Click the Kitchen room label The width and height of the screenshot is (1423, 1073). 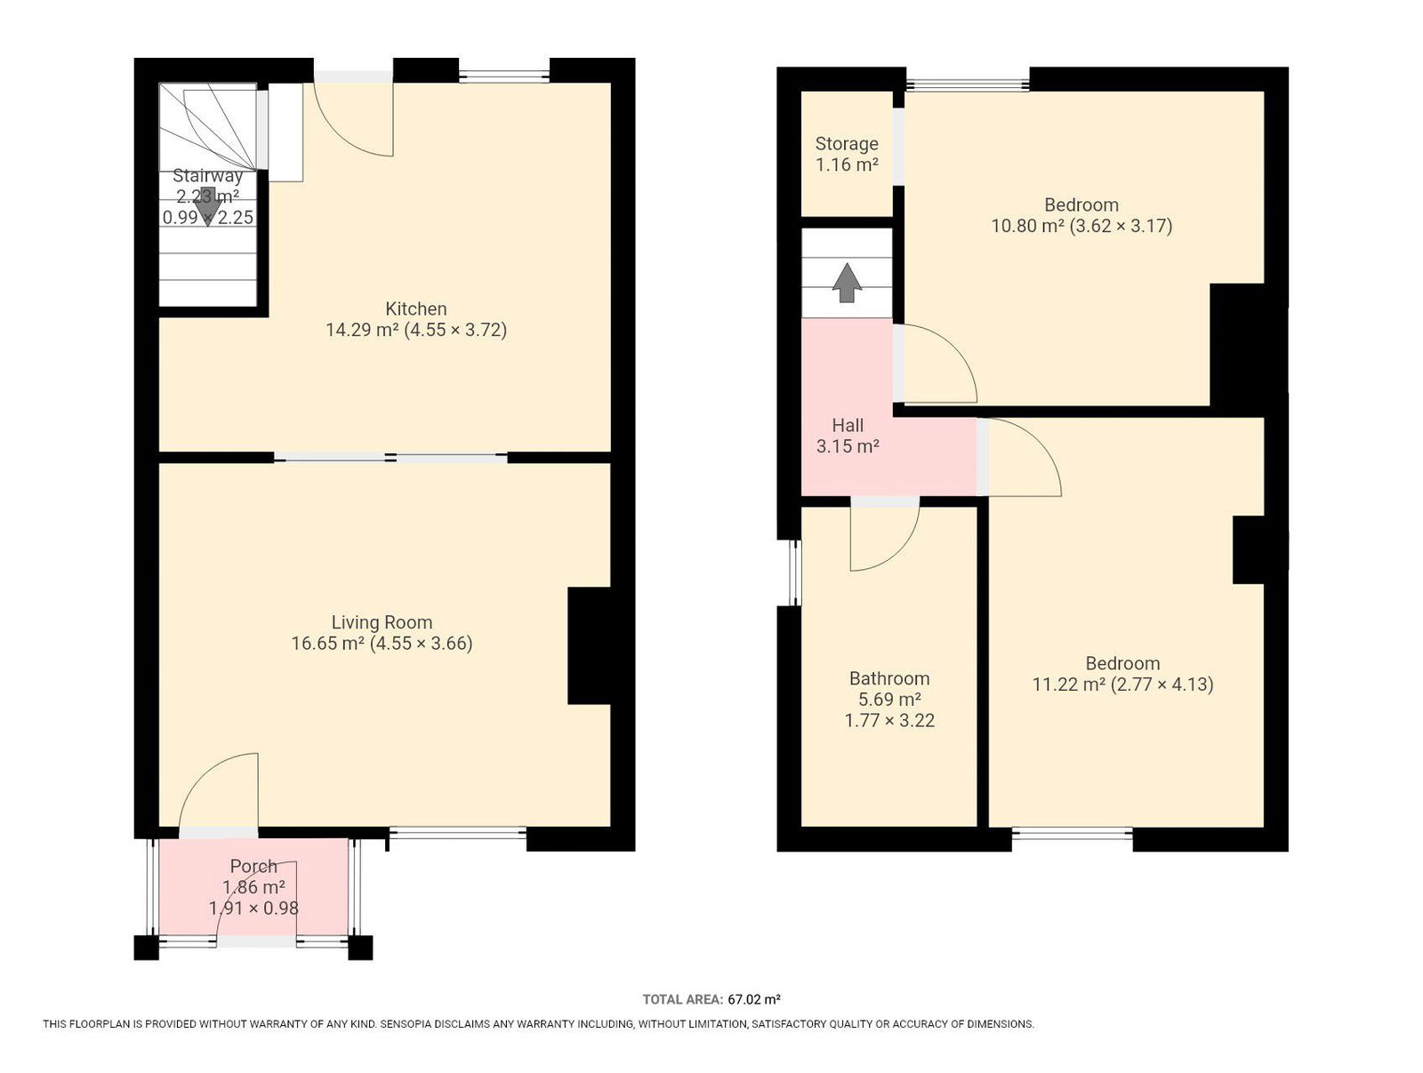point(415,308)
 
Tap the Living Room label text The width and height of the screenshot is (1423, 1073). point(382,622)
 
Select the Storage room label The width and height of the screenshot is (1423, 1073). point(847,144)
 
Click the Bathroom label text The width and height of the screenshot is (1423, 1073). point(889,678)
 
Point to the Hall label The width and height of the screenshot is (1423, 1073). point(848,425)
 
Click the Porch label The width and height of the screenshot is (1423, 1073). point(253,866)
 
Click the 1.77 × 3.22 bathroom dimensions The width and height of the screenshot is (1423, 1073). point(889,720)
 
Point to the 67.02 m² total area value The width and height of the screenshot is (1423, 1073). point(754,999)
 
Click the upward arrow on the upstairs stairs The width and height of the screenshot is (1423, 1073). point(847,282)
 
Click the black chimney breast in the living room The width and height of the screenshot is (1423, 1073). point(590,645)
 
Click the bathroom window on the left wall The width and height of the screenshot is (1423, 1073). point(793,573)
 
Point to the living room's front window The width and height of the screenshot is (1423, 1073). point(458,833)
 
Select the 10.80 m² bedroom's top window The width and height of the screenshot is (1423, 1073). point(967,84)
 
